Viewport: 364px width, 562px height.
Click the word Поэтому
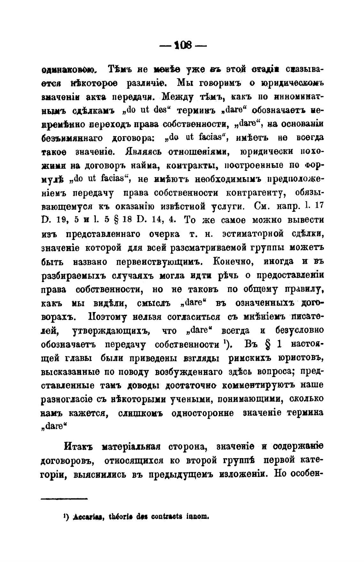[x=107, y=317]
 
